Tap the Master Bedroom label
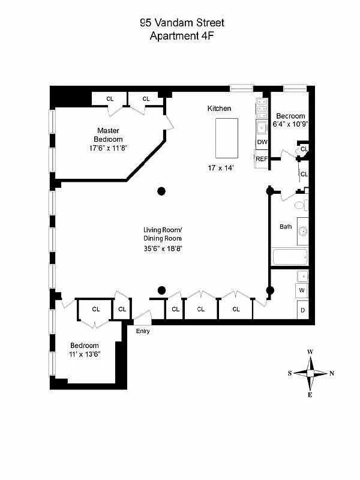[x=109, y=134]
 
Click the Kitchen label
[x=219, y=109]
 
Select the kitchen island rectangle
[x=226, y=137]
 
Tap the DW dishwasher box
[x=262, y=142]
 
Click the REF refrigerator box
[x=262, y=159]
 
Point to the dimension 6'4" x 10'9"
[x=290, y=125]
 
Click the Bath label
[x=286, y=227]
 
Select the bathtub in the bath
[x=290, y=257]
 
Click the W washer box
[x=303, y=291]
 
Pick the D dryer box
[x=303, y=310]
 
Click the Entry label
[x=143, y=331]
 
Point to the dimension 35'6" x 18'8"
[x=162, y=247]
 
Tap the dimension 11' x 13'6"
[x=85, y=354]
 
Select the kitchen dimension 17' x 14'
[x=219, y=168]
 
